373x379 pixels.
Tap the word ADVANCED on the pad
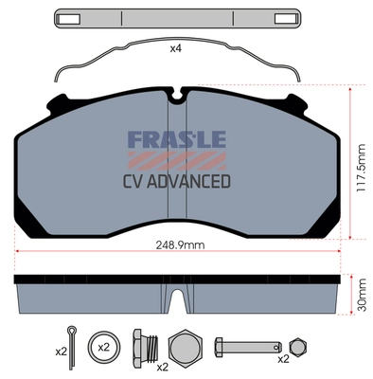(x=195, y=180)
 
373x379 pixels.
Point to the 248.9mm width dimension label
(x=183, y=244)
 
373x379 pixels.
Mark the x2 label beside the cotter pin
(x=61, y=352)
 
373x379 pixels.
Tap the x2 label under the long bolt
(x=282, y=360)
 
